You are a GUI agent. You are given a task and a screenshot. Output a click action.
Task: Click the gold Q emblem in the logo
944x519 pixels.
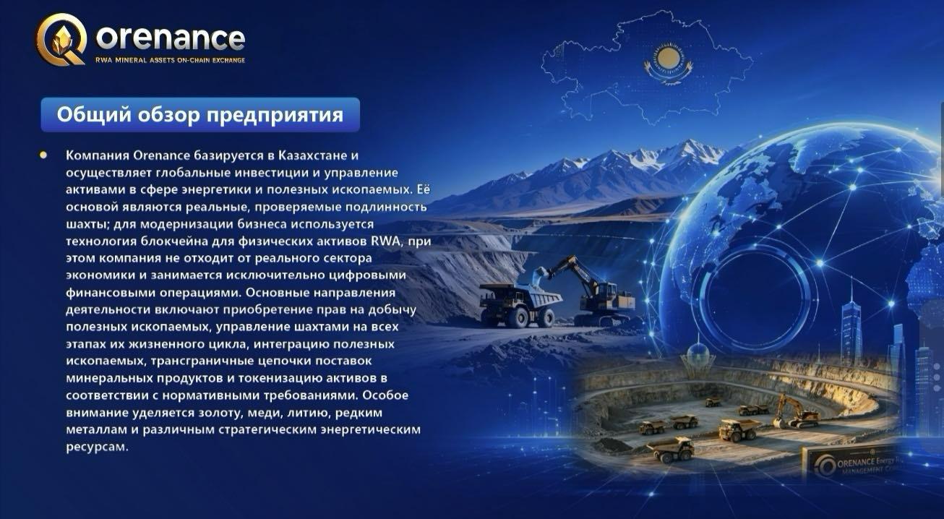tap(61, 39)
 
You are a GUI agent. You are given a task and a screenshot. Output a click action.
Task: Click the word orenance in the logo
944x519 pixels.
tap(171, 39)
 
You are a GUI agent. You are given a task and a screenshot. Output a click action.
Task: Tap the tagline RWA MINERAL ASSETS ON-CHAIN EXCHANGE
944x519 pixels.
tap(170, 60)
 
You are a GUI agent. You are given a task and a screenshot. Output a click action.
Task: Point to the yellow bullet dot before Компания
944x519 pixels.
tap(43, 155)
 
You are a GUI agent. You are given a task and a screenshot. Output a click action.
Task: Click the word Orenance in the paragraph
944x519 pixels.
tap(162, 155)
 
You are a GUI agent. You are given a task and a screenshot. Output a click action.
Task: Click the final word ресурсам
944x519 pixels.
tap(97, 447)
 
